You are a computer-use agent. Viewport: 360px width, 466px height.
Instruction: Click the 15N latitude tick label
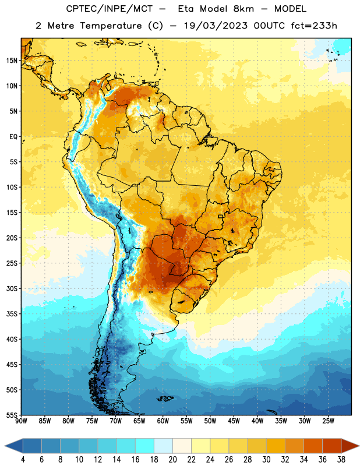[12, 61]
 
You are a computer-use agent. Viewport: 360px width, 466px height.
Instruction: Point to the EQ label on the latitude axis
[13, 137]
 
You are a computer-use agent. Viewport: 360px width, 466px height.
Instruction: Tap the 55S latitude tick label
[12, 415]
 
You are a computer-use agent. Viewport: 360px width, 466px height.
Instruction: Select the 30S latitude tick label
[12, 288]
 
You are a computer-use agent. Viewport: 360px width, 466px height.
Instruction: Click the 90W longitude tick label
[21, 421]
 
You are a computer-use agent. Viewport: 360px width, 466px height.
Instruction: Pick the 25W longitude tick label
[328, 421]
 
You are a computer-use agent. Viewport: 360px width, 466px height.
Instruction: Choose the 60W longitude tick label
[163, 421]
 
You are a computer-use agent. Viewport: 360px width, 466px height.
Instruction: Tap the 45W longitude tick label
[234, 421]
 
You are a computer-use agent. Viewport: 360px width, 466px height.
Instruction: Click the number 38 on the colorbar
[341, 460]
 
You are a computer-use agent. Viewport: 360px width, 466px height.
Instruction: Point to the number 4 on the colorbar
[23, 460]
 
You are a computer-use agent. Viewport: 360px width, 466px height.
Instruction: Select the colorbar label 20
[172, 460]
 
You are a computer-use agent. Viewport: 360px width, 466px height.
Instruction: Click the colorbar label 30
[266, 460]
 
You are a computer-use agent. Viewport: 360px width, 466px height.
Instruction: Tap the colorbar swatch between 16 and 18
[144, 446]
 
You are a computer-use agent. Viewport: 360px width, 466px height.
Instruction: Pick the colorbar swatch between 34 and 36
[313, 446]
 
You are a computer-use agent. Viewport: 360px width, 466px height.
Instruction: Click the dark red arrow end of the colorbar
[350, 446]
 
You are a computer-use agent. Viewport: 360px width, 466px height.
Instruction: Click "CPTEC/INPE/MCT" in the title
[109, 9]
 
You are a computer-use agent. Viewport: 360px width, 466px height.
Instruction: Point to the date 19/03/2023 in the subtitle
[216, 26]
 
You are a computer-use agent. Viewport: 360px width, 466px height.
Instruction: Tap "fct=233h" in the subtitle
[314, 26]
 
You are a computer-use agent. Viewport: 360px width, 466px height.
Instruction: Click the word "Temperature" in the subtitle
[111, 26]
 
